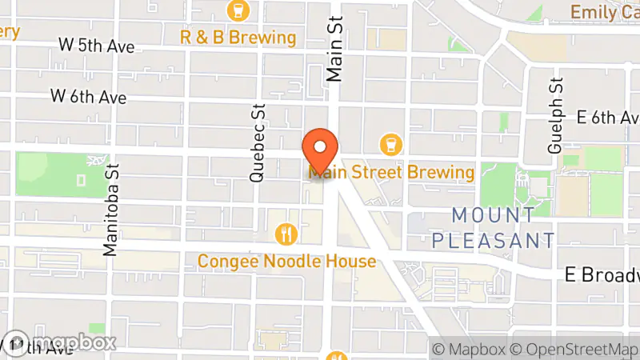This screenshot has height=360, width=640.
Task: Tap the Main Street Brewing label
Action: point(391,172)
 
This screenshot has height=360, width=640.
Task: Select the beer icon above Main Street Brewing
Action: point(391,144)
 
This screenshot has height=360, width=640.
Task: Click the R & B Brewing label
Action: point(238,38)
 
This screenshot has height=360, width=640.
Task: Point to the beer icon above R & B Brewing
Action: point(238,10)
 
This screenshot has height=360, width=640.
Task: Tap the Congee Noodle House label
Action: point(286,262)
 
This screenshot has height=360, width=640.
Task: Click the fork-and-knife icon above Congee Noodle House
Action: point(286,234)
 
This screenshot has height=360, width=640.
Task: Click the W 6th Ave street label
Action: point(89,97)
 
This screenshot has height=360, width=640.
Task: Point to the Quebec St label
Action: point(257,142)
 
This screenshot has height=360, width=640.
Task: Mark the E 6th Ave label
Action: point(607,118)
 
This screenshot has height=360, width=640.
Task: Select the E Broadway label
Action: point(602,274)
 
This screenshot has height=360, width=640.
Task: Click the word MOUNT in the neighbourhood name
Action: point(493,215)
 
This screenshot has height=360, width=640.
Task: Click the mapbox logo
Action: point(60,342)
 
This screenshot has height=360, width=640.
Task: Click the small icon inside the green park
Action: point(81,180)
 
